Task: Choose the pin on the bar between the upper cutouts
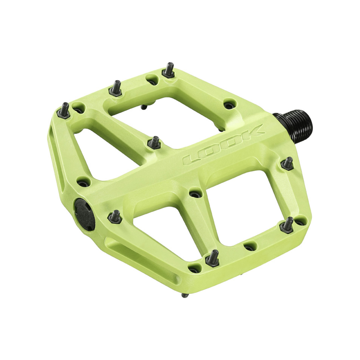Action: [x=154, y=142]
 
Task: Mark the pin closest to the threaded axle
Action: [x=288, y=164]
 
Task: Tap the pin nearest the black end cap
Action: [x=116, y=217]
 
